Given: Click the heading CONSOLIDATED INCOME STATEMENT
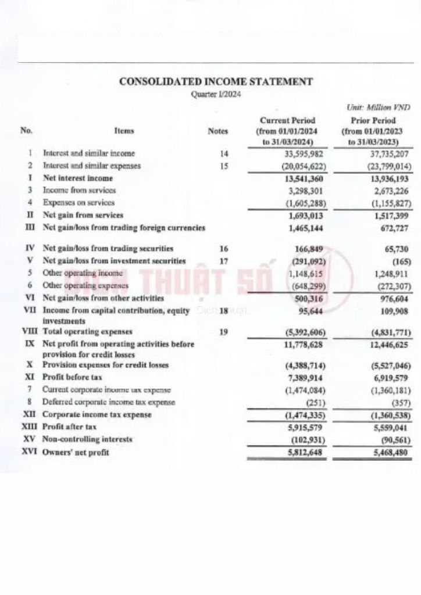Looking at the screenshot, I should coord(216,82).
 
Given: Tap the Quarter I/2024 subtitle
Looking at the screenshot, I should coord(216,94).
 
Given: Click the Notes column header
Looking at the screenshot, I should coord(218,131).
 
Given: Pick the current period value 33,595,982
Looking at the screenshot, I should coord(295,154).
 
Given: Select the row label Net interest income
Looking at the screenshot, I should coord(78,178).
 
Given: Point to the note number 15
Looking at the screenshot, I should coord(224,166).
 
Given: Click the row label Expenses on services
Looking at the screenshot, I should coord(79,203).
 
